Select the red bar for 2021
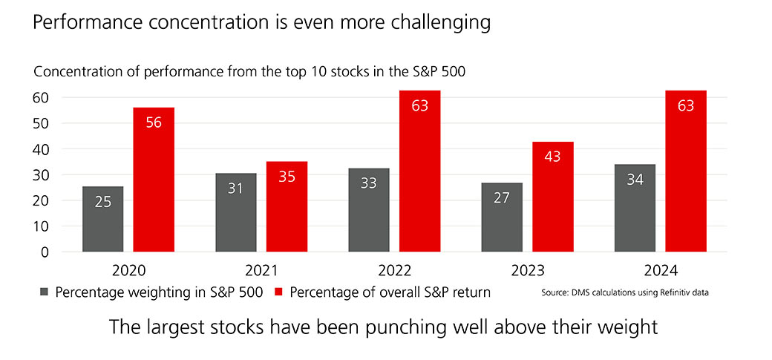287,207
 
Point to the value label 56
154,122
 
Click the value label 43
552,157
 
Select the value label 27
501,198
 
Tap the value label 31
235,189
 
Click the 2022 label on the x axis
394,269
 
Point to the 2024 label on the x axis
661,269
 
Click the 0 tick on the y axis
44,252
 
